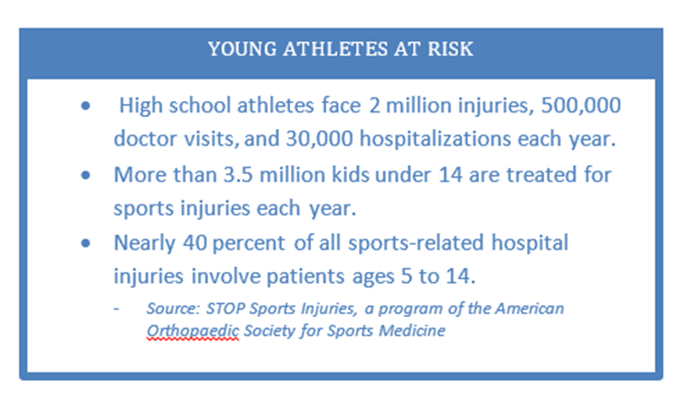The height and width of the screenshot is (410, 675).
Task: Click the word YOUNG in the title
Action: (242, 49)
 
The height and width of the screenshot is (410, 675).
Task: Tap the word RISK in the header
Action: (450, 49)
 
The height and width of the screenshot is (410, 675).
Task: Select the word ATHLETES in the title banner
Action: (335, 49)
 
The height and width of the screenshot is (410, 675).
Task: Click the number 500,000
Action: (581, 106)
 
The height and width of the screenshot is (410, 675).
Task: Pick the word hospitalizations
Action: (436, 140)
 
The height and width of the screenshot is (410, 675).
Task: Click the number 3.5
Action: (239, 175)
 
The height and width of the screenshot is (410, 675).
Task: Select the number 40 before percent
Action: (195, 243)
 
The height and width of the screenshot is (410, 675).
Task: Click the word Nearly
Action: (145, 244)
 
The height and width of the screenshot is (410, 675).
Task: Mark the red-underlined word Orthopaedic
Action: (192, 331)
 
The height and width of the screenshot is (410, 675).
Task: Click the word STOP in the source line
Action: (226, 309)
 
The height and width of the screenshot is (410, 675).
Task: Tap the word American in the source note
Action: (530, 309)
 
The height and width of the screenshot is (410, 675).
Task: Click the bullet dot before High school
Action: (86, 106)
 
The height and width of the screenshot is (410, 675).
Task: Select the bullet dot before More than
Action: (86, 175)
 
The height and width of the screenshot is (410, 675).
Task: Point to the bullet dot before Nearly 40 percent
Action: (86, 243)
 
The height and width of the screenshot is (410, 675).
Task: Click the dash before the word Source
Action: (116, 310)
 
